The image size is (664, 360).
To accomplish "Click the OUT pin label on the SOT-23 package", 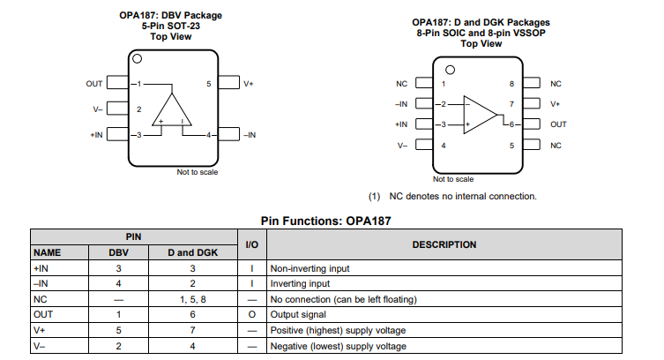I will click(x=94, y=84).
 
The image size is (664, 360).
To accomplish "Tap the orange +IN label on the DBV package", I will click(x=96, y=135).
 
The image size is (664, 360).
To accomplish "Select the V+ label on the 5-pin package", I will click(x=249, y=84).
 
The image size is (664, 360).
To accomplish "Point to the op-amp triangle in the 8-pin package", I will click(x=481, y=114).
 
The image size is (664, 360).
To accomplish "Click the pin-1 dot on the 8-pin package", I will click(x=450, y=70).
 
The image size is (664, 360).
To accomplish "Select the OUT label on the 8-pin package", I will click(x=558, y=124).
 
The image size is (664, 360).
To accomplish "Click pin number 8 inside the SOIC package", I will click(x=511, y=84).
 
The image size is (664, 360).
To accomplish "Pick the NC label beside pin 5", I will click(x=556, y=145).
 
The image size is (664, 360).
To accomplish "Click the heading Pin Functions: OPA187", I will click(x=325, y=221).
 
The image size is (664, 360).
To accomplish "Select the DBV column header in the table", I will click(x=118, y=252).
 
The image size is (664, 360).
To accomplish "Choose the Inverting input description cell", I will click(x=300, y=283).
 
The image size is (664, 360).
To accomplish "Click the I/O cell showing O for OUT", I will click(x=251, y=314).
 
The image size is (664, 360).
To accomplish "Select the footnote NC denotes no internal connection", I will click(x=451, y=196).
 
